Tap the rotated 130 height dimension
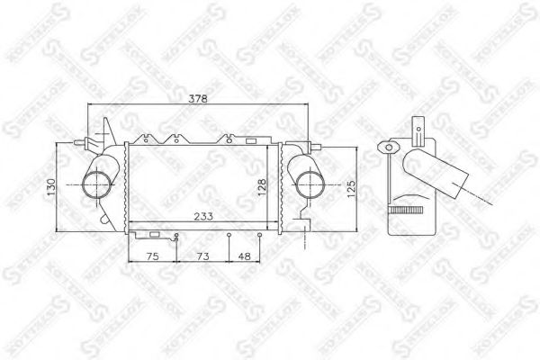tap(52, 187)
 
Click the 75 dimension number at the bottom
tap(153, 256)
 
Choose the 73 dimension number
tap(202, 256)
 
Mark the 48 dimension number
tap(245, 256)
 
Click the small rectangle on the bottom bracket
tap(154, 235)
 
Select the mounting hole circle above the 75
tap(177, 237)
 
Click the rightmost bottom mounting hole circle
tap(260, 237)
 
